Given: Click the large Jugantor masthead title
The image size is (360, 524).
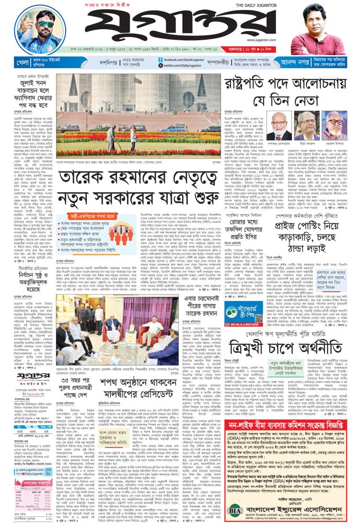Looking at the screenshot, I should point(179,29).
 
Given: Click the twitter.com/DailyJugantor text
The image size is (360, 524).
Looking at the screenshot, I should point(184,65).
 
